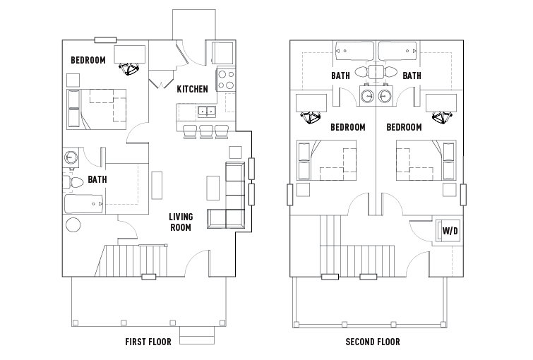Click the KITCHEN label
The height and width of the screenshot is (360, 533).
pos(193,89)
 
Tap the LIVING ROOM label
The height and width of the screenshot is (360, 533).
pos(181,222)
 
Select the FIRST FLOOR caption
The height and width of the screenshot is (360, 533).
pos(148,342)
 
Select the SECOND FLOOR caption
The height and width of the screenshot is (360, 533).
pos(373,342)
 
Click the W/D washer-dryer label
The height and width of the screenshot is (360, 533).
pos(450,231)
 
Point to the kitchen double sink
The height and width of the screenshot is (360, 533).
pos(207,111)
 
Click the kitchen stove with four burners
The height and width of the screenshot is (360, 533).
pos(226,80)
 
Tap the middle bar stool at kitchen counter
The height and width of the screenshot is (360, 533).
pos(206,131)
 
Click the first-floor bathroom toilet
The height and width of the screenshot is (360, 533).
pos(73,183)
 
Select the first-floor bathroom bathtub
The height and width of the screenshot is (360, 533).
pos(84,204)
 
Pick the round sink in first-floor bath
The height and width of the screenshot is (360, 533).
pos(71,157)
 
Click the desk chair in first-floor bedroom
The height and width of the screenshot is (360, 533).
pos(128,68)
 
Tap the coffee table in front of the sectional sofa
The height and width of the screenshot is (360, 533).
pos(213,188)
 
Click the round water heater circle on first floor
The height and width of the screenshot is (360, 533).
pos(73,224)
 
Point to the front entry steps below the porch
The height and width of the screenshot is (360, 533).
pos(197,335)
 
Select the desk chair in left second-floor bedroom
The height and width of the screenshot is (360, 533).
pos(311,117)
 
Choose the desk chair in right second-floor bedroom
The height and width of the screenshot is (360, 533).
pos(442,117)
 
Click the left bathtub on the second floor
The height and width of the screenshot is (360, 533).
pos(354,51)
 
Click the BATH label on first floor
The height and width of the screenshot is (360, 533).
pos(97,179)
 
